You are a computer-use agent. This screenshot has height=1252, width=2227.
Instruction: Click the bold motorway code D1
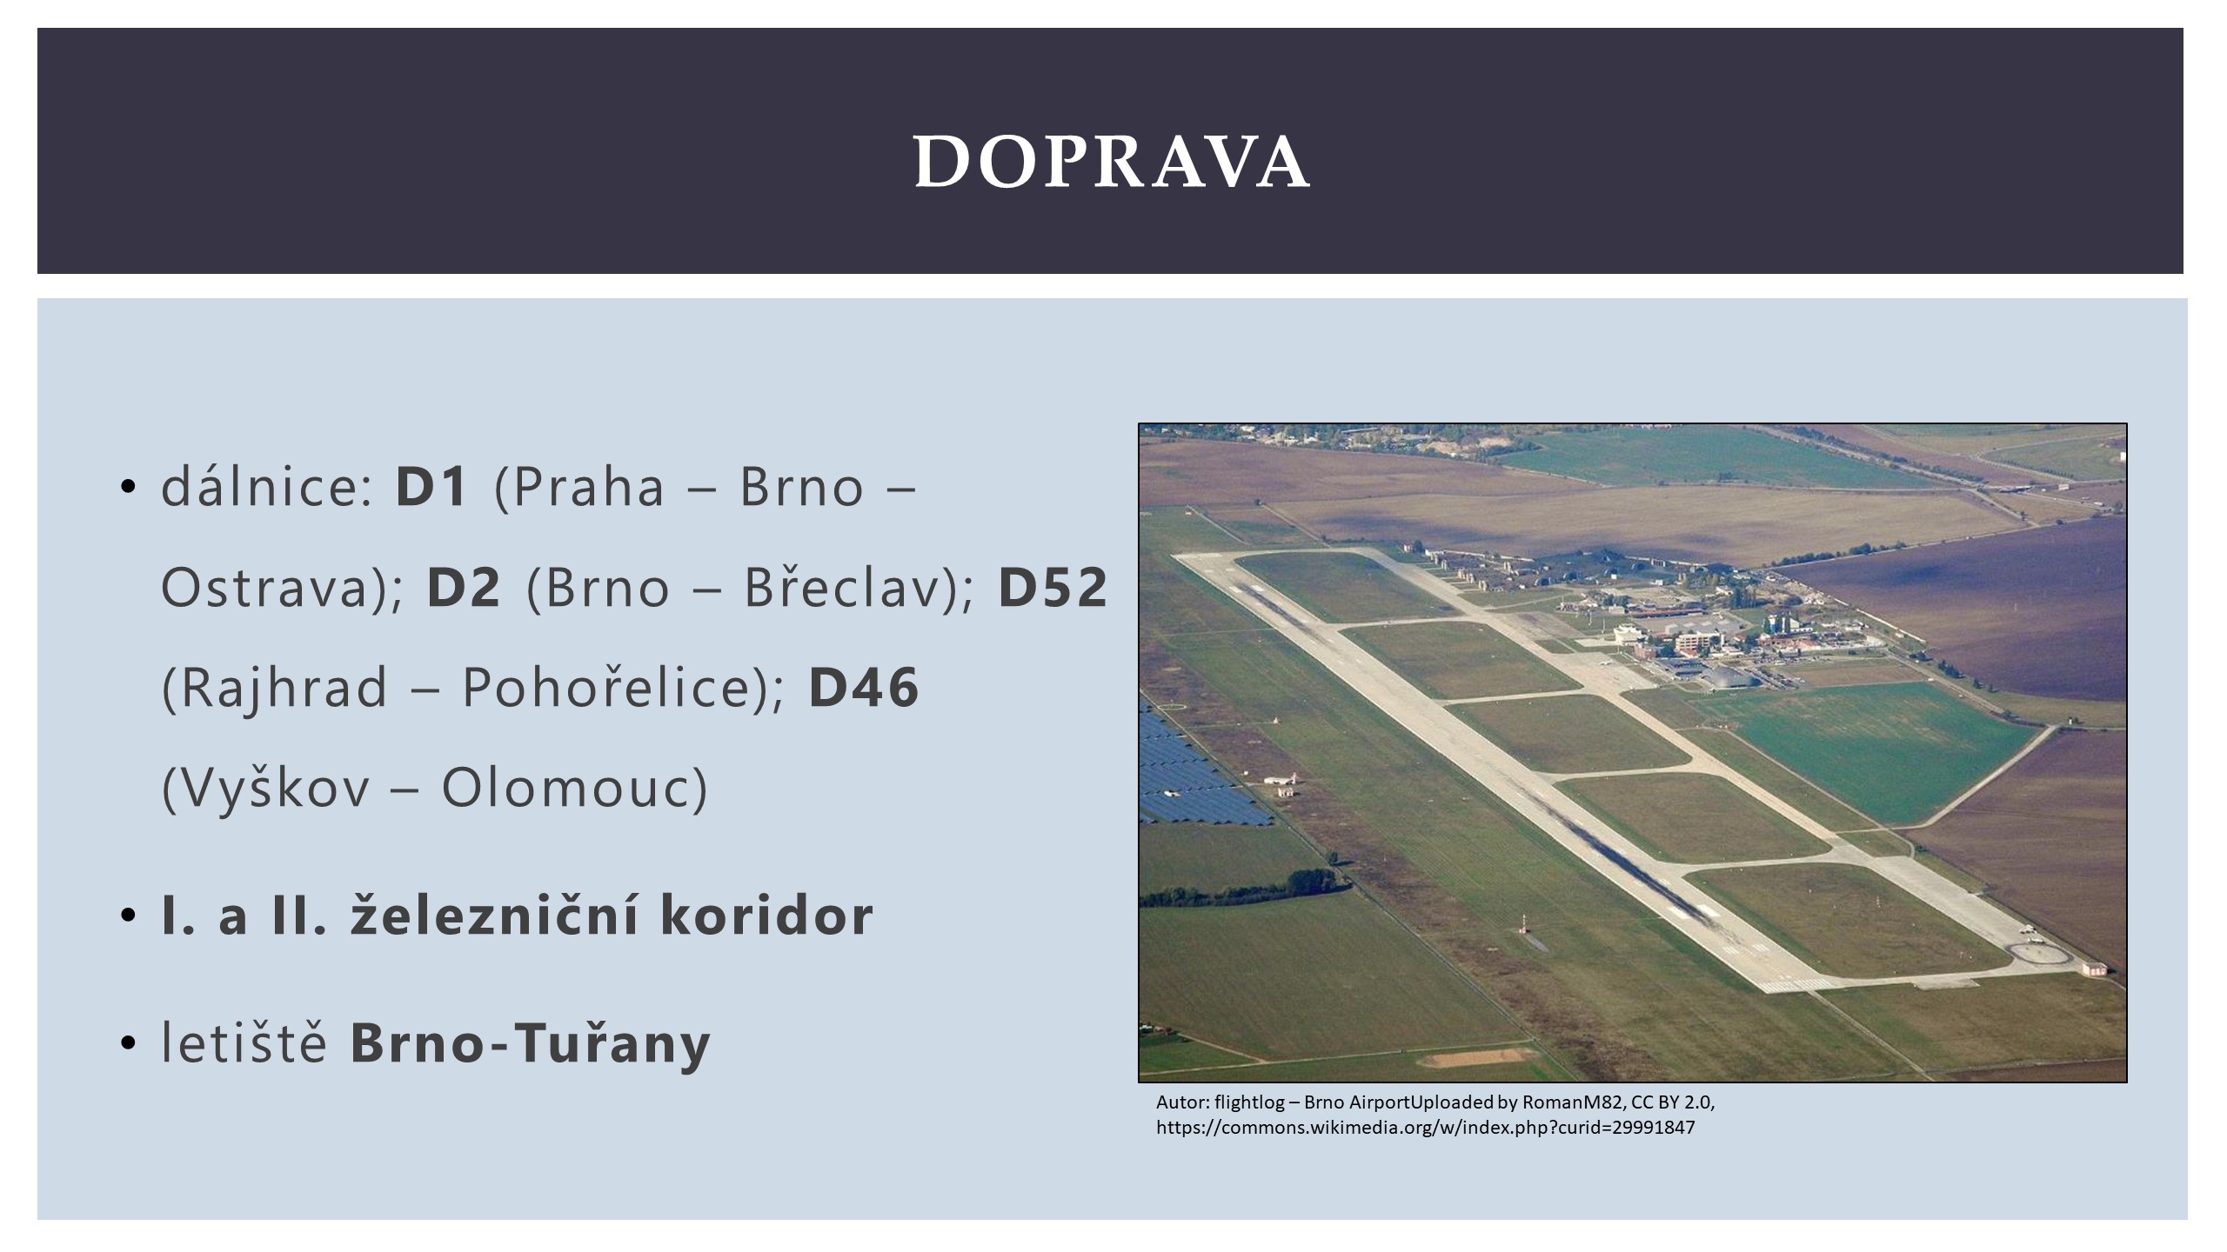[x=432, y=487]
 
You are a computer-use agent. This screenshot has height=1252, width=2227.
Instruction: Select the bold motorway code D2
[x=464, y=587]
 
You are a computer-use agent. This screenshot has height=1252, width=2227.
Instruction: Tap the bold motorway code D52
[x=1053, y=587]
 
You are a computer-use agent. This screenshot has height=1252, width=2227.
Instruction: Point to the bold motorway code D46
[x=864, y=688]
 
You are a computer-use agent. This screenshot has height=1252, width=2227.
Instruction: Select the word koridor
[x=766, y=915]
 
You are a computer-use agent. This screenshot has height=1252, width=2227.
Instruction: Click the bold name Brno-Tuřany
[x=530, y=1042]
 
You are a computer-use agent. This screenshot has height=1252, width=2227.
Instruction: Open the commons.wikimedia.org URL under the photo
[x=1425, y=1129]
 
